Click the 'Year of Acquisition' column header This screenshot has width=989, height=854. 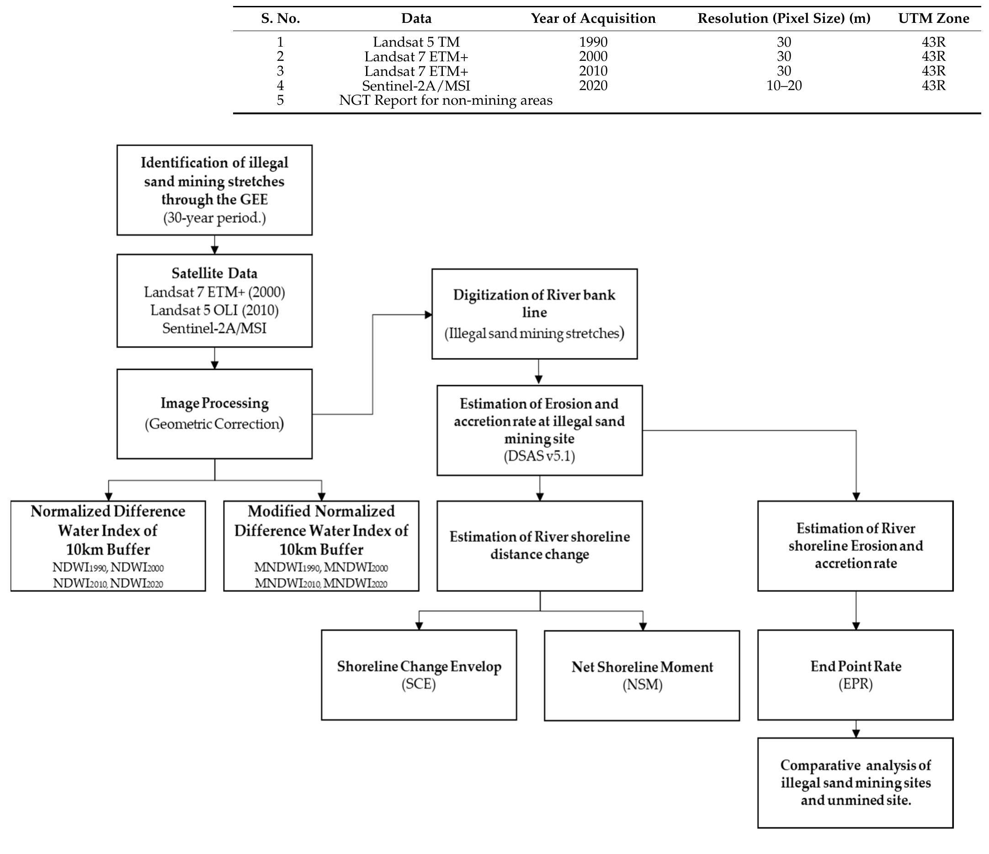pyautogui.click(x=593, y=19)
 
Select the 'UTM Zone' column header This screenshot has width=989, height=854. pyautogui.click(x=933, y=19)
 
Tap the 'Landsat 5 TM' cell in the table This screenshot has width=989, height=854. pyautogui.click(x=416, y=42)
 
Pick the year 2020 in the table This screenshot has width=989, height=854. pyautogui.click(x=593, y=85)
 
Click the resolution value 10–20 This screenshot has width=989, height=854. pyautogui.click(x=784, y=85)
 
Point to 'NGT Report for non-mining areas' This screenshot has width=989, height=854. pyautogui.click(x=445, y=100)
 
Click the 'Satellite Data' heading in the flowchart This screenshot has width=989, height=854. pyautogui.click(x=214, y=273)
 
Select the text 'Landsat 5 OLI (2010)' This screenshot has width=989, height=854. pyautogui.click(x=214, y=310)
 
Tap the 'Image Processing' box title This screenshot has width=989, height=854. pyautogui.click(x=214, y=403)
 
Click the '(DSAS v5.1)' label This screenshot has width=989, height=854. pyautogui.click(x=539, y=456)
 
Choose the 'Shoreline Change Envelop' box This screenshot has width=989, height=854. pyautogui.click(x=419, y=674)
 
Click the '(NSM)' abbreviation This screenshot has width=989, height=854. pyautogui.click(x=642, y=685)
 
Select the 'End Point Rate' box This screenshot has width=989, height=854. pyautogui.click(x=856, y=674)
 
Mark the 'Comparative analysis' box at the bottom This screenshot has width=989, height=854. pyautogui.click(x=856, y=783)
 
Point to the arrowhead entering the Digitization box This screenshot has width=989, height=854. pyautogui.click(x=429, y=315)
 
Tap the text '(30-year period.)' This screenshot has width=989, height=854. pyautogui.click(x=214, y=218)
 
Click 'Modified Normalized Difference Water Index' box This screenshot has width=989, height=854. pyautogui.click(x=321, y=545)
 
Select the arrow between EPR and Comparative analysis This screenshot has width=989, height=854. pyautogui.click(x=856, y=729)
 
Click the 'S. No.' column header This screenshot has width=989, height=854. pyautogui.click(x=280, y=19)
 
